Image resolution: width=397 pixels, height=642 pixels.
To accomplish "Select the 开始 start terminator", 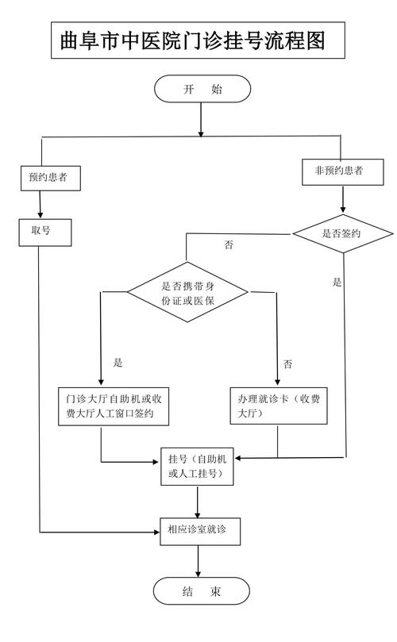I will pos(202,89).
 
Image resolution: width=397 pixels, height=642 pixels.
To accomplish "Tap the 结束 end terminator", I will pos(201,591).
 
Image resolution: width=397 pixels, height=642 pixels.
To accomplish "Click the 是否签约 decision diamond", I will pos(342,233).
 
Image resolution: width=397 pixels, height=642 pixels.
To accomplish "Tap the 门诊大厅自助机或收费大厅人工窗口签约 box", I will pos(115,406).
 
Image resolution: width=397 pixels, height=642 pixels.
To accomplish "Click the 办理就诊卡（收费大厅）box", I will pos(278,406).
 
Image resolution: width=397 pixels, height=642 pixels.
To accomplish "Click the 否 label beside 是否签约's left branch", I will pos(229,245).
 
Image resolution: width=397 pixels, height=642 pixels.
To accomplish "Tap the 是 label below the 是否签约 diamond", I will pos(337,282).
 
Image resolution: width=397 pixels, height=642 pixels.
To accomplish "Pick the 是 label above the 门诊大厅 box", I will pos(118,363).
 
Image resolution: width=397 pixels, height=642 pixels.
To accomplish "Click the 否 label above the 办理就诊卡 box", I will pos(287,364).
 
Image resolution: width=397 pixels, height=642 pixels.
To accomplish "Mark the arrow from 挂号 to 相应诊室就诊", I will pos(198,502).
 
